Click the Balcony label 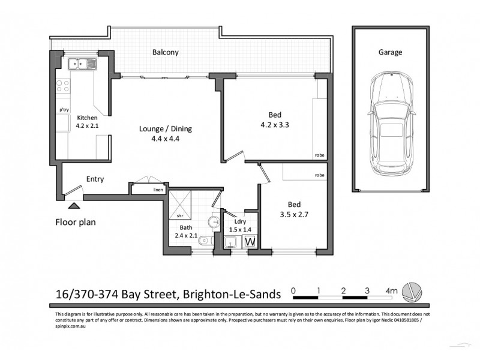pyautogui.click(x=165, y=53)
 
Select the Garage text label pyautogui.click(x=390, y=52)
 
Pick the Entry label pyautogui.click(x=95, y=179)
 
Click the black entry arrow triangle pyautogui.click(x=73, y=205)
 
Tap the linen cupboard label pyautogui.click(x=158, y=190)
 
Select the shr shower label pyautogui.click(x=179, y=215)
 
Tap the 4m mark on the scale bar pyautogui.click(x=392, y=291)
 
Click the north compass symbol pyautogui.click(x=412, y=293)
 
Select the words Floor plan pyautogui.click(x=76, y=221)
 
